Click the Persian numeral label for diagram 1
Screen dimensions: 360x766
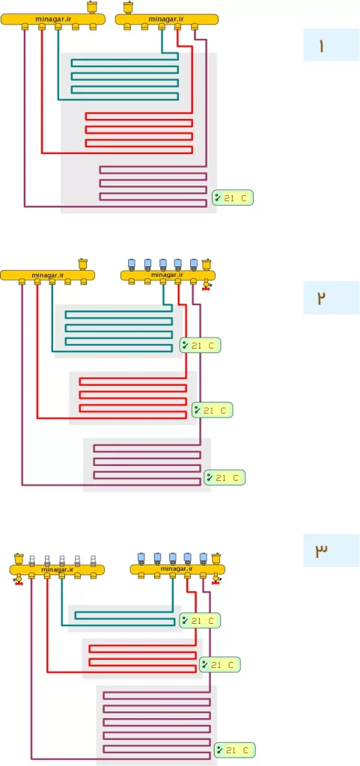pyautogui.click(x=321, y=46)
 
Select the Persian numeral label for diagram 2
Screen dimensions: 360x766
pyautogui.click(x=321, y=298)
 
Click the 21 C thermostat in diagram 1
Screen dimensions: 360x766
pyautogui.click(x=233, y=197)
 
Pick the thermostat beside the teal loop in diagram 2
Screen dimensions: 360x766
pyautogui.click(x=201, y=346)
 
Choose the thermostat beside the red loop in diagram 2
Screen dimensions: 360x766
pyautogui.click(x=213, y=411)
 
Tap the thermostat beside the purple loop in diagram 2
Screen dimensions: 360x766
pyautogui.click(x=225, y=477)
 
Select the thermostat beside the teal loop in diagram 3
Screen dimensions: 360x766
pyautogui.click(x=201, y=620)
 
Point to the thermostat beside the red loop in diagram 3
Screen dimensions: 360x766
pyautogui.click(x=220, y=664)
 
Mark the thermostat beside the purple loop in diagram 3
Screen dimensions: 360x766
pyautogui.click(x=235, y=750)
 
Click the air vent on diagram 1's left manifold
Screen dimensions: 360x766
pyautogui.click(x=91, y=7)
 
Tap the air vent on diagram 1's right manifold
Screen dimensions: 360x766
pyautogui.click(x=128, y=7)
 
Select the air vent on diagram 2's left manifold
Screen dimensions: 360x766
pyautogui.click(x=82, y=264)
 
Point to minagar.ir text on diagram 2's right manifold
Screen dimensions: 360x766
pyautogui.click(x=167, y=275)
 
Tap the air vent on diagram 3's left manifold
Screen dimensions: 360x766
pyautogui.click(x=19, y=558)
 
